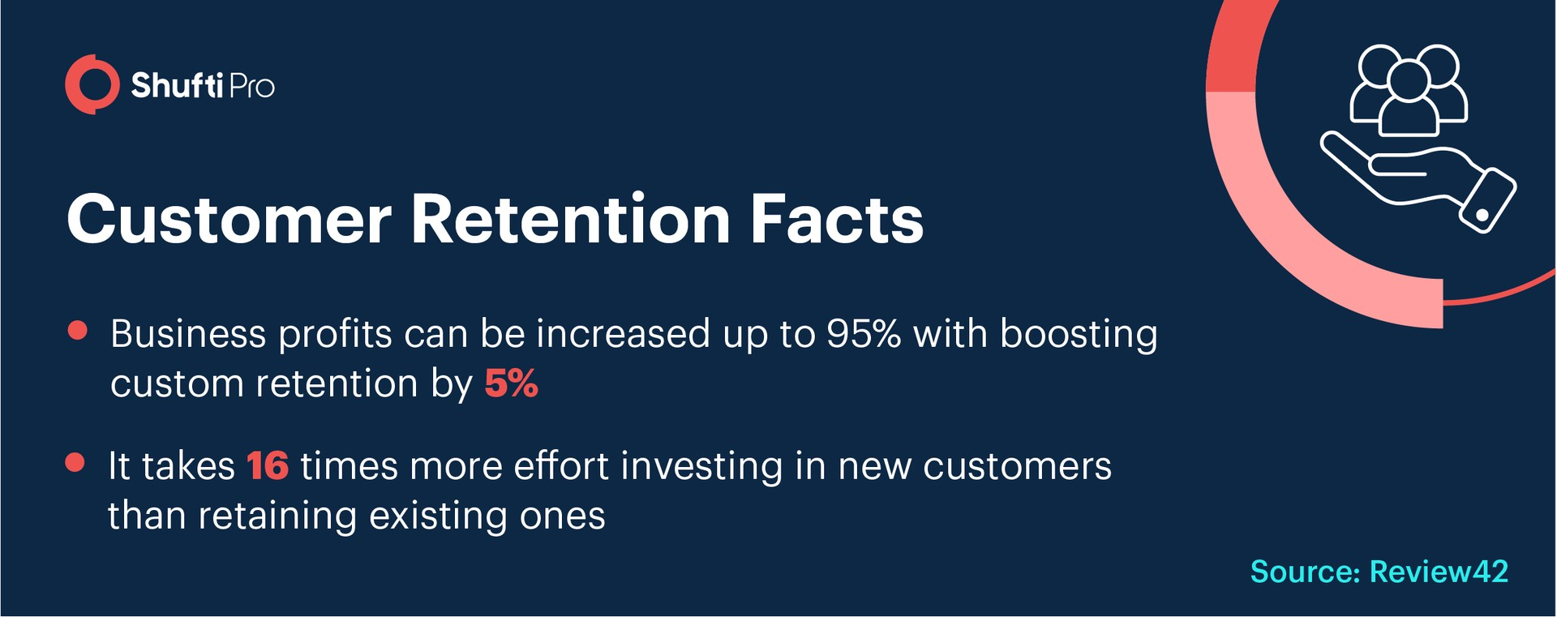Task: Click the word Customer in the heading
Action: coord(229,220)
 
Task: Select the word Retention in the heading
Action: coord(571,220)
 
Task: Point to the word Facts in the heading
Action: coord(837,220)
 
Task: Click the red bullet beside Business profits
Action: coord(78,331)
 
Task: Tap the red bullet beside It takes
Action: coord(75,462)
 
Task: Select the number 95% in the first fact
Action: coord(864,333)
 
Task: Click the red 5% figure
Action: coord(511,383)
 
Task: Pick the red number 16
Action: coord(268,466)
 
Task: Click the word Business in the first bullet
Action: coord(188,333)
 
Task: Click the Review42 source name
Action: coord(1439,572)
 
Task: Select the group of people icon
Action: coord(1409,89)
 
